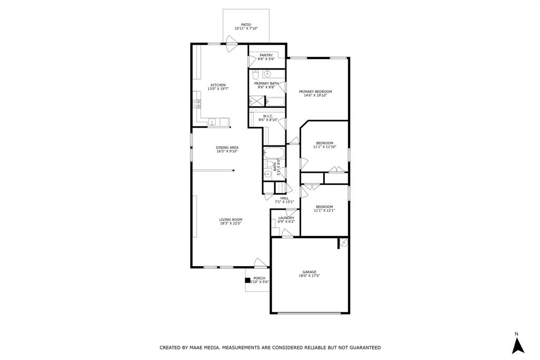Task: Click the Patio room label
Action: [x=246, y=25]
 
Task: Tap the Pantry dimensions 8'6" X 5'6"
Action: [x=266, y=59]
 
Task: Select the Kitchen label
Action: [x=218, y=85]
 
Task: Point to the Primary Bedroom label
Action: [x=315, y=92]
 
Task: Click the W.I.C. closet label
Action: [x=268, y=116]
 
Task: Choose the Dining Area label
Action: [x=227, y=148]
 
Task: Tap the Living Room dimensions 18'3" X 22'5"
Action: [x=231, y=223]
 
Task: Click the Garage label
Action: [x=309, y=272]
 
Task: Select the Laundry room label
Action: [x=286, y=218]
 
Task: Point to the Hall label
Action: [x=284, y=198]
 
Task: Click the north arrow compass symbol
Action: [x=518, y=345]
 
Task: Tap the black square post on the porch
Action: [x=248, y=280]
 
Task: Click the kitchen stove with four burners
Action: [x=197, y=104]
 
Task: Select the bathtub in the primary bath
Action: [x=275, y=102]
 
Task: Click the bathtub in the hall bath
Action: [x=274, y=153]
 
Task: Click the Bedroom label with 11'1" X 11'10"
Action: [x=324, y=143]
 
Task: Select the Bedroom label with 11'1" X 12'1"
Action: [x=324, y=207]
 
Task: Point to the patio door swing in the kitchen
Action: [x=232, y=46]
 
